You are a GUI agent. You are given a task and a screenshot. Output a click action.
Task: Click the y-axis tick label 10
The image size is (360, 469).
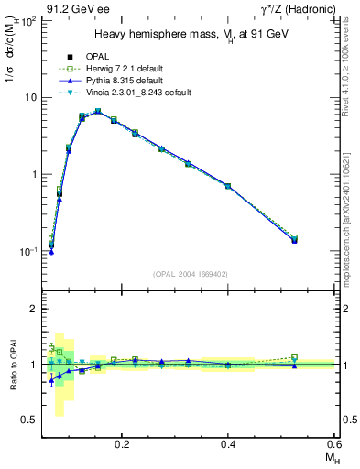tap(29, 97)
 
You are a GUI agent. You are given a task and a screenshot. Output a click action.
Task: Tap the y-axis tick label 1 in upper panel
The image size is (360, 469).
tap(33, 174)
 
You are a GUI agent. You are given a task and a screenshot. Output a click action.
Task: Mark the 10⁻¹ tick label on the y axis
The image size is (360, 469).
tap(28, 251)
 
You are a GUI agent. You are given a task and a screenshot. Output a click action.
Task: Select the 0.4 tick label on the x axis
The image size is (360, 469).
tap(228, 443)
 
